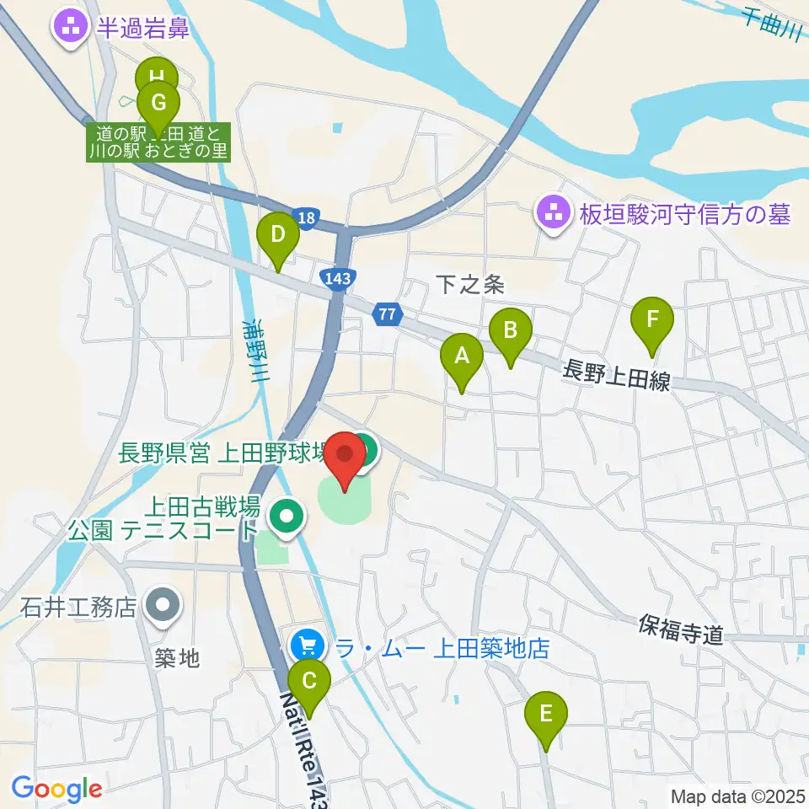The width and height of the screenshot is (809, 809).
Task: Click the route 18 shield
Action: point(308,217)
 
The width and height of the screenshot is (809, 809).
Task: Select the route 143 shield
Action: point(336,279)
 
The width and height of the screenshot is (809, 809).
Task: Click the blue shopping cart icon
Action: point(307,647)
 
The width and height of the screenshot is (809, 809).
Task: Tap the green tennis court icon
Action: point(287,514)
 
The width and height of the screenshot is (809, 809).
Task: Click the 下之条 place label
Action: point(470,285)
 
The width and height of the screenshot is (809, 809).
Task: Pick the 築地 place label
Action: point(178,658)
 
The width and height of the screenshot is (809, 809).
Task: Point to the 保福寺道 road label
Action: point(681,630)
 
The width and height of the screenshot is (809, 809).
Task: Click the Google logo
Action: point(56,790)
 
